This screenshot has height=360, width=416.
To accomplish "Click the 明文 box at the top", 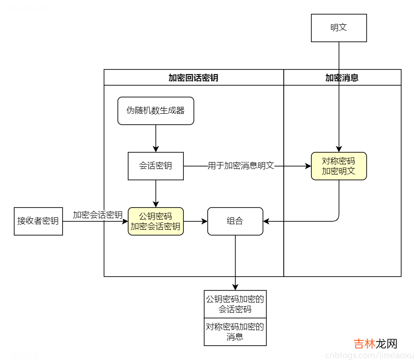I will pyautogui.click(x=339, y=28).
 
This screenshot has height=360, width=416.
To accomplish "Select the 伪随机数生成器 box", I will pyautogui.click(x=156, y=110).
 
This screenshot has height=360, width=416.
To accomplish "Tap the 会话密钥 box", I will pyautogui.click(x=156, y=166).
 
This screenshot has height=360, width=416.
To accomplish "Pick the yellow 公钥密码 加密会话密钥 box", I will pyautogui.click(x=156, y=221).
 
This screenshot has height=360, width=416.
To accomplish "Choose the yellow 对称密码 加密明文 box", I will pyautogui.click(x=339, y=166).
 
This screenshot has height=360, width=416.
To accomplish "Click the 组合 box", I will pyautogui.click(x=235, y=221).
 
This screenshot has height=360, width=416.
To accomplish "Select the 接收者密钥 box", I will pyautogui.click(x=38, y=221).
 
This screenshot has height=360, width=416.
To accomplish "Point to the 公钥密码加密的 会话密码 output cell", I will pyautogui.click(x=235, y=304).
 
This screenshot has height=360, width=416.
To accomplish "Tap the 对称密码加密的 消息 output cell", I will pyautogui.click(x=235, y=332).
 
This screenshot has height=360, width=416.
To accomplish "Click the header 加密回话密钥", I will pyautogui.click(x=193, y=78).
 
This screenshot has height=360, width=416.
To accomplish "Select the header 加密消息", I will pyautogui.click(x=342, y=78).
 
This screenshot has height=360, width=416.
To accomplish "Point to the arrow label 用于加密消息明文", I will pyautogui.click(x=241, y=166).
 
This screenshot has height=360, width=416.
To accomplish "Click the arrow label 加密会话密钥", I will pyautogui.click(x=98, y=215).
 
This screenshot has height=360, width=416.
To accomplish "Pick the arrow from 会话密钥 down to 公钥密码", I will pyautogui.click(x=156, y=193).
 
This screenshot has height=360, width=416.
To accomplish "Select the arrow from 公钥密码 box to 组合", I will pyautogui.click(x=195, y=221).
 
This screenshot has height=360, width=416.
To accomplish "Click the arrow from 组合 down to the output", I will pyautogui.click(x=235, y=262).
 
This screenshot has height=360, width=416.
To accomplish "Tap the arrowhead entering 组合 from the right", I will pyautogui.click(x=267, y=221).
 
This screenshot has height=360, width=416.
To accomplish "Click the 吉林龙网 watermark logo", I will pyautogui.click(x=375, y=344).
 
